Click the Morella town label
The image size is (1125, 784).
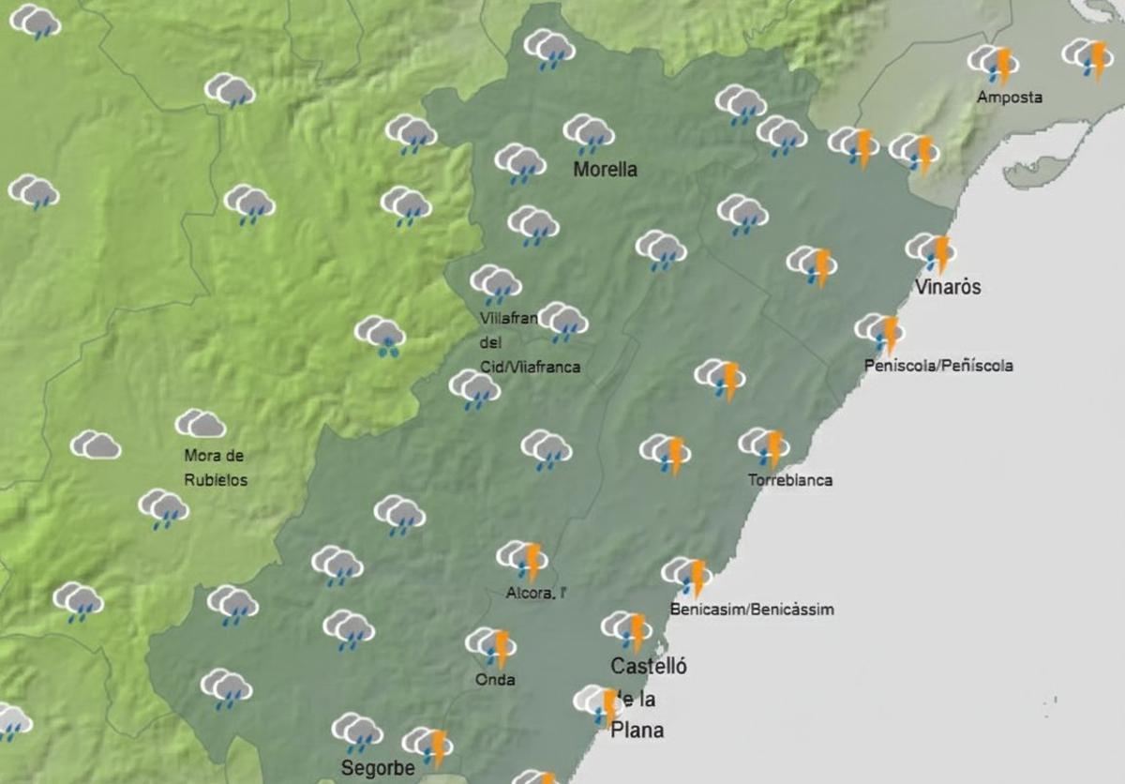click(606, 170)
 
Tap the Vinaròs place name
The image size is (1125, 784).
click(949, 287)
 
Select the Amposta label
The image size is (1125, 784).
click(1009, 98)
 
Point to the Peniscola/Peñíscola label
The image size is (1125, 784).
click(937, 366)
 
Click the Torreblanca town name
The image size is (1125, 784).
click(789, 481)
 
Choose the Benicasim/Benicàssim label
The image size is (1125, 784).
click(752, 610)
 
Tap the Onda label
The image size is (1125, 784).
click(495, 680)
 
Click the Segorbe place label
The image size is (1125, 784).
click(378, 768)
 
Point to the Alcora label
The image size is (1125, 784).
click(536, 593)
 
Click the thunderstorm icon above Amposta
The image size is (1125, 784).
click(994, 64)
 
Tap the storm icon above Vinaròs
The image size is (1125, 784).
click(931, 251)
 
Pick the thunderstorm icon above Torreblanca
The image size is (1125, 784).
click(764, 446)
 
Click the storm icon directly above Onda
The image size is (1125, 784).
click(491, 646)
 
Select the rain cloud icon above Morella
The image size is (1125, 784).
click(589, 133)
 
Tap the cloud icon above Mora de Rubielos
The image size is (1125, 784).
click(201, 425)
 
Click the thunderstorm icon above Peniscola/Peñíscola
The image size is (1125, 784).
click(879, 332)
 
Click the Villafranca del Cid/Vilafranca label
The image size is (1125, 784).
click(528, 342)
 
